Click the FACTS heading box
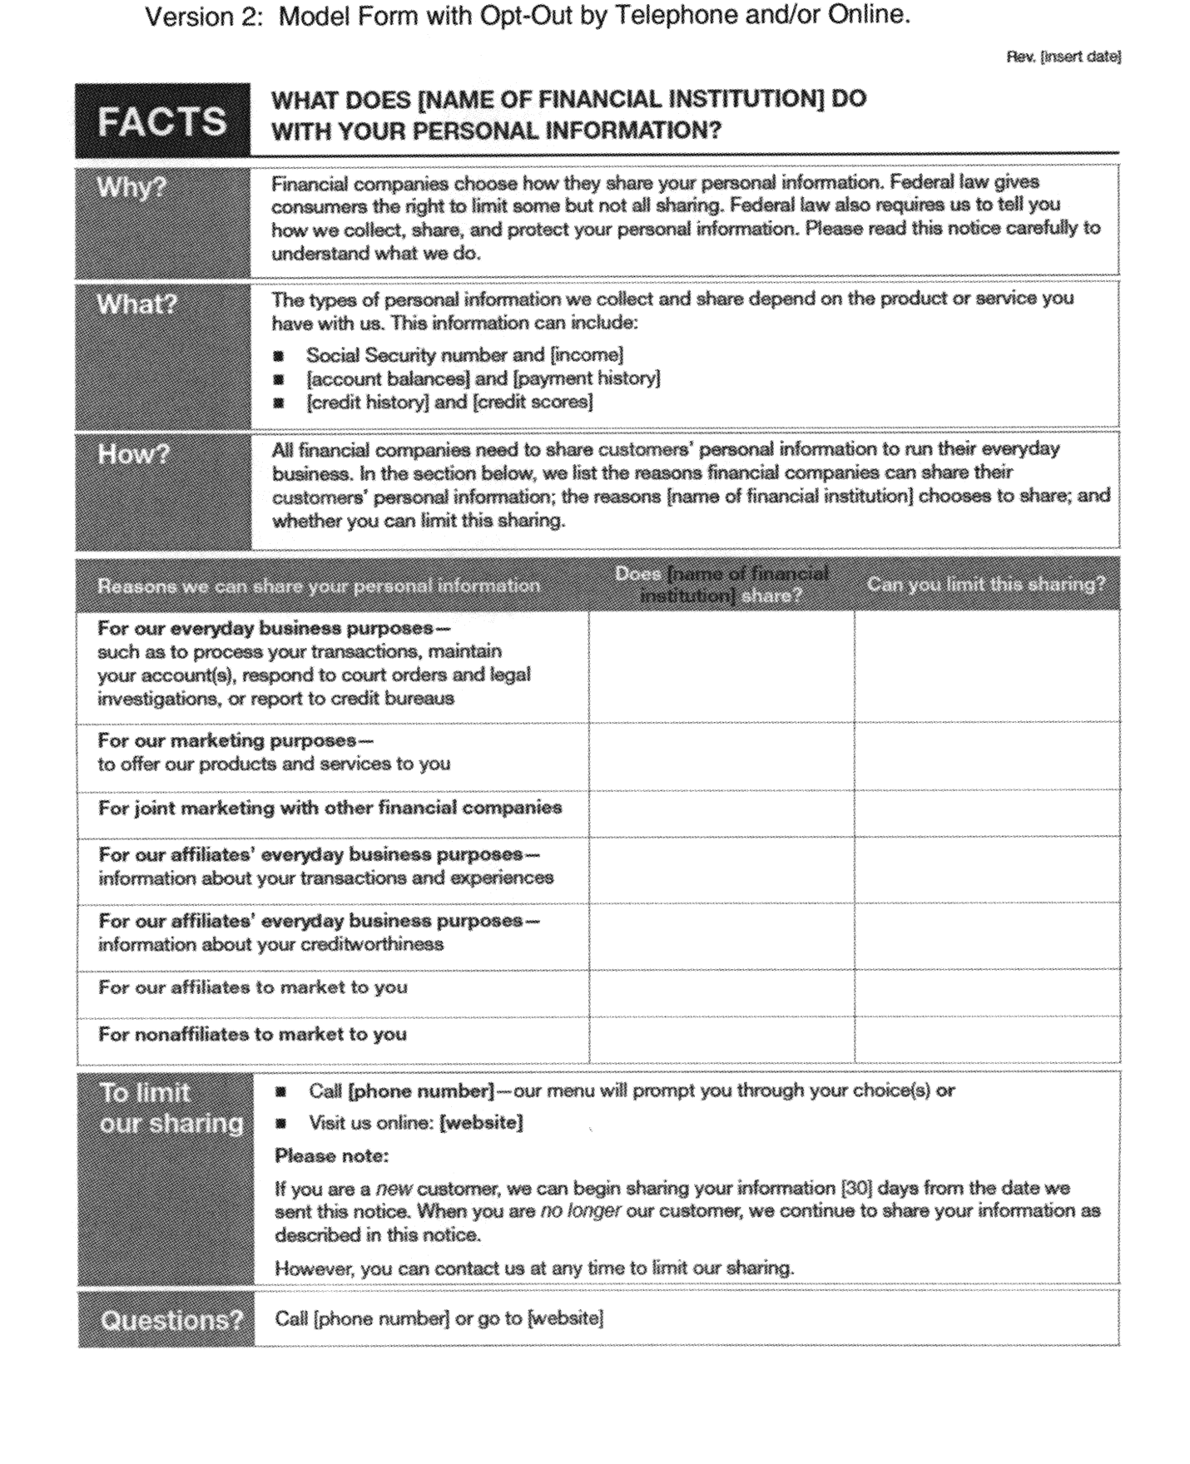[x=162, y=121]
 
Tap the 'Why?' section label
[x=131, y=187]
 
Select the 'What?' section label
[x=137, y=304]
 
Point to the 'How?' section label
[x=133, y=454]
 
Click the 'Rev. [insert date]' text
[x=1064, y=57]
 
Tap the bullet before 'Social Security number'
[x=279, y=356]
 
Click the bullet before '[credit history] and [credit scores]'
[x=279, y=403]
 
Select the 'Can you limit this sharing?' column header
[x=986, y=585]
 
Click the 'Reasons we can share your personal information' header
[x=319, y=586]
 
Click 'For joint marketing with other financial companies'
[x=330, y=808]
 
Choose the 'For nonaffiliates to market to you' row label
[x=252, y=1034]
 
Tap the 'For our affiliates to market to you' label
[x=253, y=987]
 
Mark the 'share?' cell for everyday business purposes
[x=721, y=666]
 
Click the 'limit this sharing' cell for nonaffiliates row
[x=986, y=1040]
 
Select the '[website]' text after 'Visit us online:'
[x=481, y=1123]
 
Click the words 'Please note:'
[x=331, y=1156]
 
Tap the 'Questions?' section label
[x=171, y=1320]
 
